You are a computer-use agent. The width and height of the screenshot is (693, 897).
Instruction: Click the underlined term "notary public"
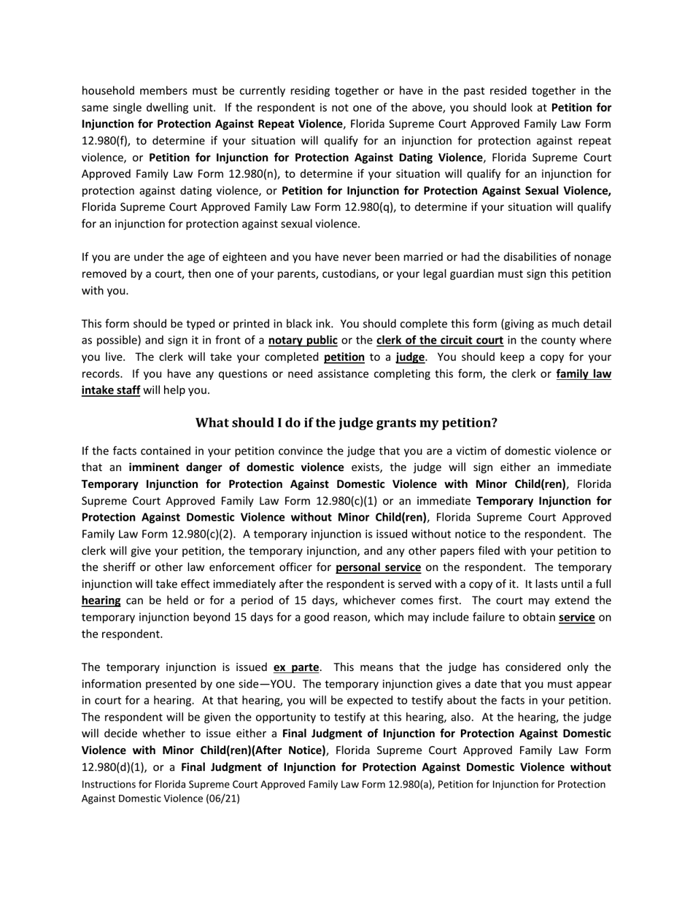coord(303,341)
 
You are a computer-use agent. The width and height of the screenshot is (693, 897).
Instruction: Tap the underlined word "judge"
coord(410,357)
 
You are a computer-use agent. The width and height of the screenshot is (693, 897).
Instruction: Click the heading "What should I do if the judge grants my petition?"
coord(346,423)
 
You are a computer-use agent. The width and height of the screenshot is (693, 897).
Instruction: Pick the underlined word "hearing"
coord(101,601)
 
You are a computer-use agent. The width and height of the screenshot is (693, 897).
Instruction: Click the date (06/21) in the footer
coord(222,799)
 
